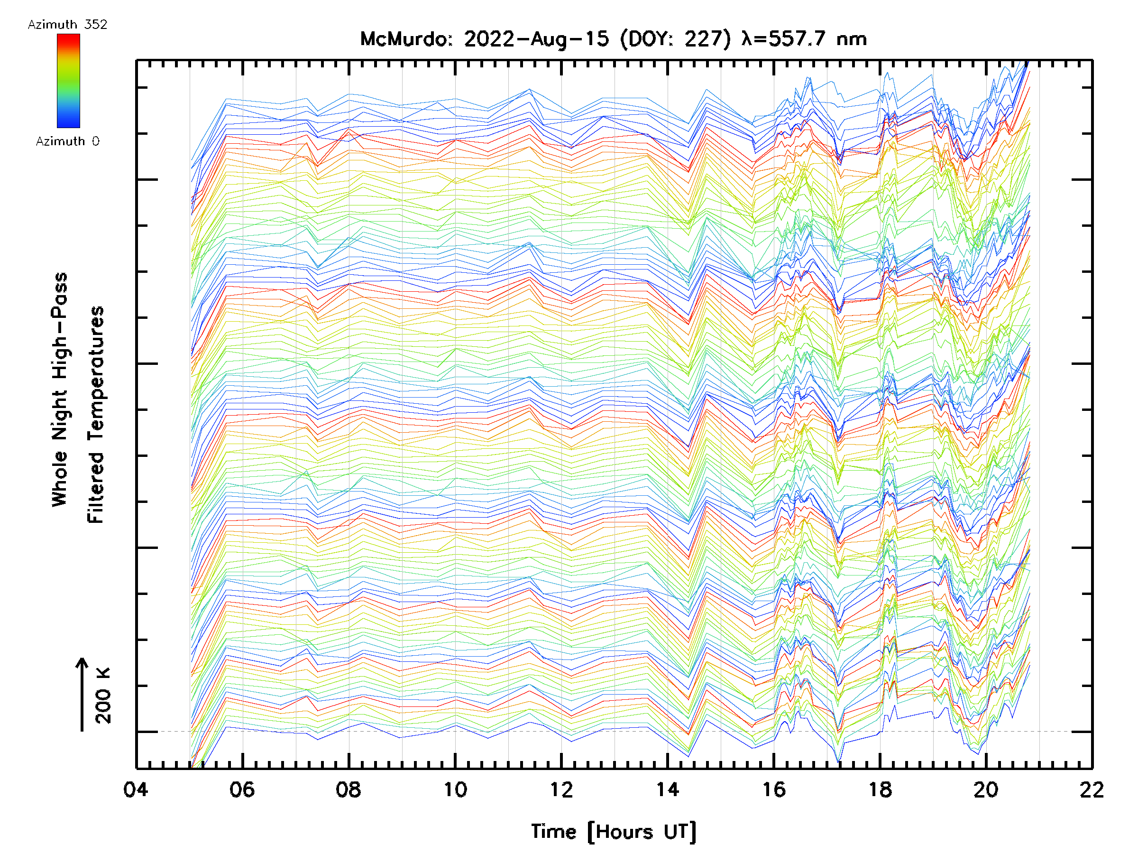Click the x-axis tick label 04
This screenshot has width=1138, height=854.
pos(136,789)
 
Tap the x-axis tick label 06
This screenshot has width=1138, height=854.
pos(242,789)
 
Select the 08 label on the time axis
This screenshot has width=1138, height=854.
pos(349,789)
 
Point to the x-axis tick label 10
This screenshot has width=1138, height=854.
pos(455,789)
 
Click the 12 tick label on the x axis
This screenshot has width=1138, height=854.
pos(561,789)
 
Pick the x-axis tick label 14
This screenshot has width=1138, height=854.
pos(667,789)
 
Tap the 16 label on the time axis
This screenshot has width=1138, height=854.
pos(774,789)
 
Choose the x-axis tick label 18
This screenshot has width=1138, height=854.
pos(880,789)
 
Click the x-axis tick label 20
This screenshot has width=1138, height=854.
pos(986,789)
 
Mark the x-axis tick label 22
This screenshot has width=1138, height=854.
pos(1092,789)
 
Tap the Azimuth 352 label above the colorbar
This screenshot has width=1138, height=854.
pos(67,25)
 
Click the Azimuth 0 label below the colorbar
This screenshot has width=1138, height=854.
pos(67,141)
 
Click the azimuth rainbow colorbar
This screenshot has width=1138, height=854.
pos(68,81)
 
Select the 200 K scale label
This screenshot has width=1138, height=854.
pos(103,696)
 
